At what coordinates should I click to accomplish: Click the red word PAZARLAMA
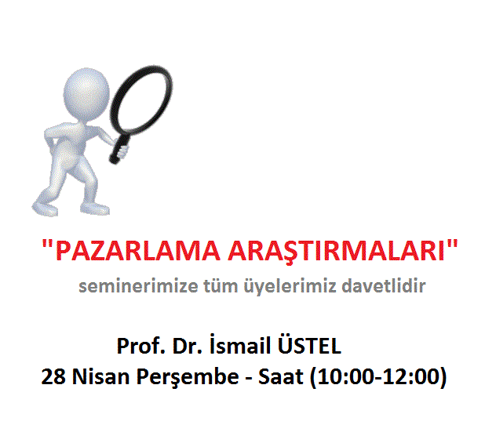point(138,251)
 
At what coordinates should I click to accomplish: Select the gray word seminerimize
point(137,286)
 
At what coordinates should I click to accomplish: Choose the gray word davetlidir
point(384,285)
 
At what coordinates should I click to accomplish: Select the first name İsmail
point(240,344)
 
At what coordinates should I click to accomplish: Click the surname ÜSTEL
point(309,344)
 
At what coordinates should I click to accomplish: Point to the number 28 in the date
point(53,376)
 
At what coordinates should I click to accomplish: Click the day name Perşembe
point(188,377)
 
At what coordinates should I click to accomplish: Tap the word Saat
point(280,376)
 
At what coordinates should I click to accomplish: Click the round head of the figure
point(86,93)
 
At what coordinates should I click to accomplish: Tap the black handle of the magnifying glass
point(119,147)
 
